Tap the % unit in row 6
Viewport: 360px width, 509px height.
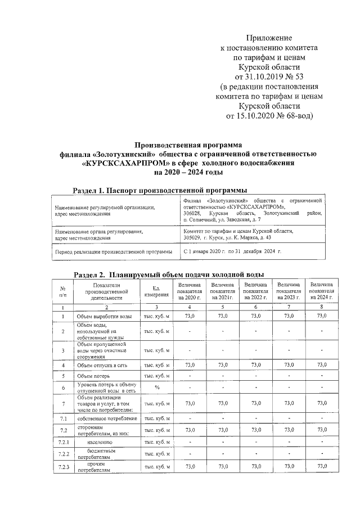156,388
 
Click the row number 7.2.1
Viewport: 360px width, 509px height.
64,443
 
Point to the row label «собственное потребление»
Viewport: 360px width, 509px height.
107,418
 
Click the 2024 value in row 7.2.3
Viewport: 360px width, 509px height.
322,467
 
